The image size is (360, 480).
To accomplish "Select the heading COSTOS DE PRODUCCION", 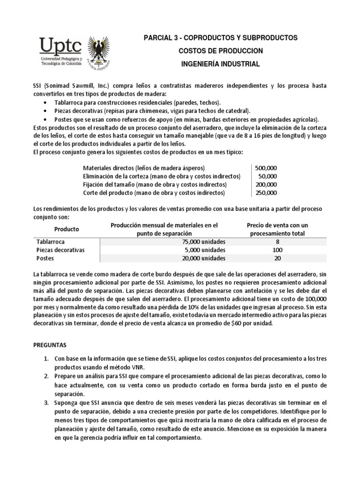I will click(x=221, y=51).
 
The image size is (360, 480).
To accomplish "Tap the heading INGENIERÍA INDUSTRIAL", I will click(x=221, y=64).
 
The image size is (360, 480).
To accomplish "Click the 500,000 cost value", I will click(x=266, y=168).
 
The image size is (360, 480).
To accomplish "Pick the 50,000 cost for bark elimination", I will click(x=268, y=176).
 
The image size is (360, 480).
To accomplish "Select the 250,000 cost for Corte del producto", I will click(x=266, y=193).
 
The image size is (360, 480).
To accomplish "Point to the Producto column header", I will click(x=67, y=229).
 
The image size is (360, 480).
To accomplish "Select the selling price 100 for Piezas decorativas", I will click(x=277, y=250).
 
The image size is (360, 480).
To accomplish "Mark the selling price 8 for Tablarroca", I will click(x=277, y=242).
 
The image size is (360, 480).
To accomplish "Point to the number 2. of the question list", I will click(x=47, y=376).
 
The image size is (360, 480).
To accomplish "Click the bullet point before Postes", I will click(x=44, y=120).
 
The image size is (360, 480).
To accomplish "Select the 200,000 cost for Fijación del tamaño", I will click(x=266, y=184).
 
